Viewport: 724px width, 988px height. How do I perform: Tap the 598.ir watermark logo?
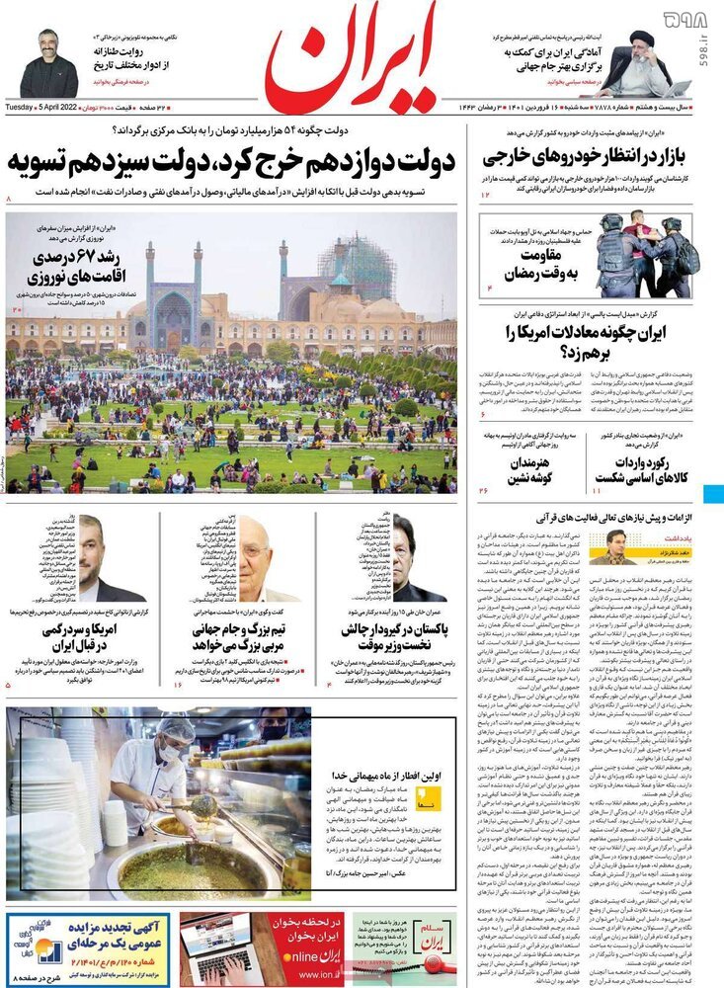coord(687,19)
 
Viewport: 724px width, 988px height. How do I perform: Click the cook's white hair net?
coord(178,729)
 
